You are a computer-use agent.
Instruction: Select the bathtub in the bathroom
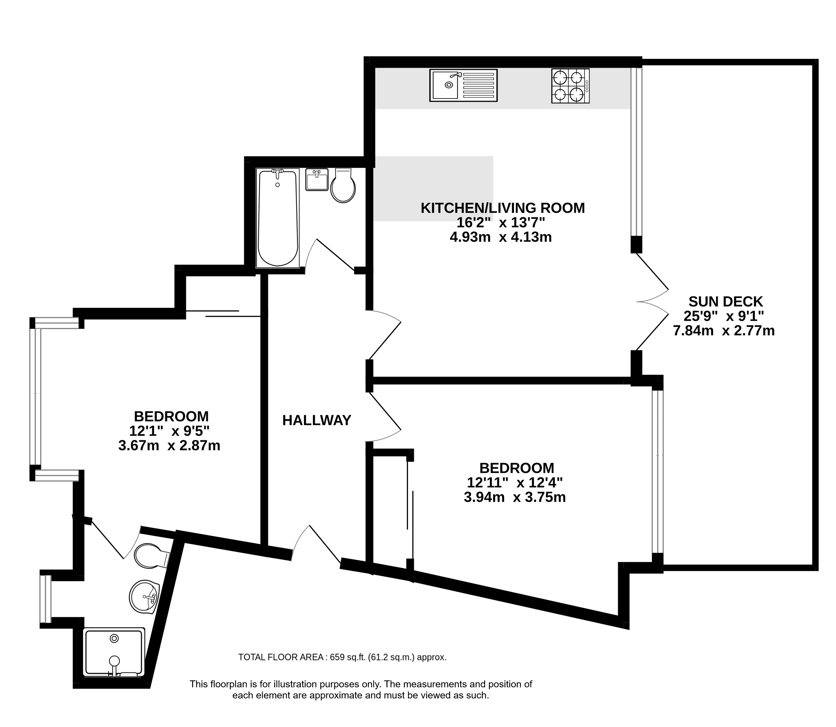point(278,218)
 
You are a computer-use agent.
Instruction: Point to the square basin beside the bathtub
point(317,180)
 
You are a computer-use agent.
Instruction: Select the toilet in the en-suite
point(151,556)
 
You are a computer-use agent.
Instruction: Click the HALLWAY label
point(317,420)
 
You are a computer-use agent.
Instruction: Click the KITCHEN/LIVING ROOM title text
point(503,208)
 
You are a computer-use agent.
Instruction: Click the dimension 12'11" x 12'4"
point(514,483)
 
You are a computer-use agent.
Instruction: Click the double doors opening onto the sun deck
point(652,301)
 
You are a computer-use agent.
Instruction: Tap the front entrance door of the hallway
point(317,544)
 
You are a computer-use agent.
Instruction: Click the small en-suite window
point(46,599)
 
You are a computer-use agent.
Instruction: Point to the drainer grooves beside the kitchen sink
point(478,85)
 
